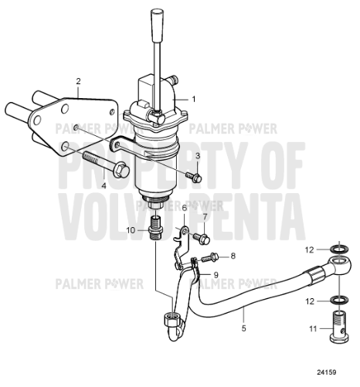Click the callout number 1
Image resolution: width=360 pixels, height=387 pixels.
[x=194, y=99]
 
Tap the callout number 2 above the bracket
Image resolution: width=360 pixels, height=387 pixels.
[x=78, y=81]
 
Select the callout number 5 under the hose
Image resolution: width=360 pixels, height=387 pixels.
[x=244, y=328]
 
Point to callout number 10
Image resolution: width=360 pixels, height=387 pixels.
[x=131, y=230]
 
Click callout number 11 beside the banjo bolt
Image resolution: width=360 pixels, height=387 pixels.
[x=313, y=329]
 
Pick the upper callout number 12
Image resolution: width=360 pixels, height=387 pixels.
[x=310, y=250]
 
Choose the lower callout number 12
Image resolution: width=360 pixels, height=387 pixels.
[x=310, y=301]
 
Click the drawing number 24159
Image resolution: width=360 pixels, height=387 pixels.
[x=327, y=372]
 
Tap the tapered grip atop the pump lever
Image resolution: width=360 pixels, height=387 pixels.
[x=157, y=25]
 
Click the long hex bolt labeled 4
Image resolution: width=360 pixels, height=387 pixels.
[x=106, y=164]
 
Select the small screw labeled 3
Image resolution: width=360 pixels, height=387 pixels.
[x=194, y=177]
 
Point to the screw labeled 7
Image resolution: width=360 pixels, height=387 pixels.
[x=202, y=238]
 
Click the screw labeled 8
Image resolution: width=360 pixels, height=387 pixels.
[x=209, y=257]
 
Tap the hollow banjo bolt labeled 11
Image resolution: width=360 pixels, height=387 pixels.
[x=339, y=327]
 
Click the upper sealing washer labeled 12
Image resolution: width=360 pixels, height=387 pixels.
[x=339, y=250]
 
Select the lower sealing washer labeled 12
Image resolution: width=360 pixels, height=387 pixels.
[x=339, y=300]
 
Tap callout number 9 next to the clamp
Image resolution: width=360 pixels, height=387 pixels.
[x=216, y=275]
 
